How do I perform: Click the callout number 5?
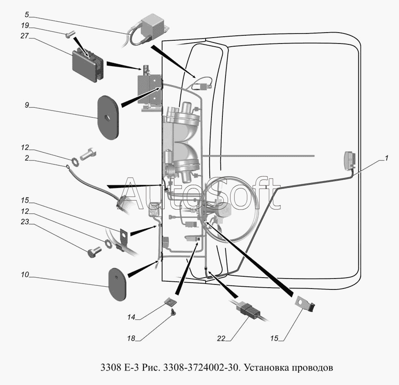(27, 15)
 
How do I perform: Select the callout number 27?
(25, 36)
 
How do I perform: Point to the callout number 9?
(27, 105)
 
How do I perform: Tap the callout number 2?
(27, 158)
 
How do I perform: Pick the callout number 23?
(25, 221)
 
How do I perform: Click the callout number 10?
(25, 274)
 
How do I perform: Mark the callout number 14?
(131, 317)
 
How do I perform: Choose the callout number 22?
(221, 338)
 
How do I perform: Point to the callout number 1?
(386, 158)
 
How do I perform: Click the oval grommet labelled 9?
(108, 117)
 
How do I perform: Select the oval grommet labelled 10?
(117, 284)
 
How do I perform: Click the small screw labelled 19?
(69, 34)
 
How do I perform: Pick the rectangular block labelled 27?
(87, 65)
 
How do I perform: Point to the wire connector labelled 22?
(248, 309)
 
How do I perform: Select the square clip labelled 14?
(171, 302)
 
